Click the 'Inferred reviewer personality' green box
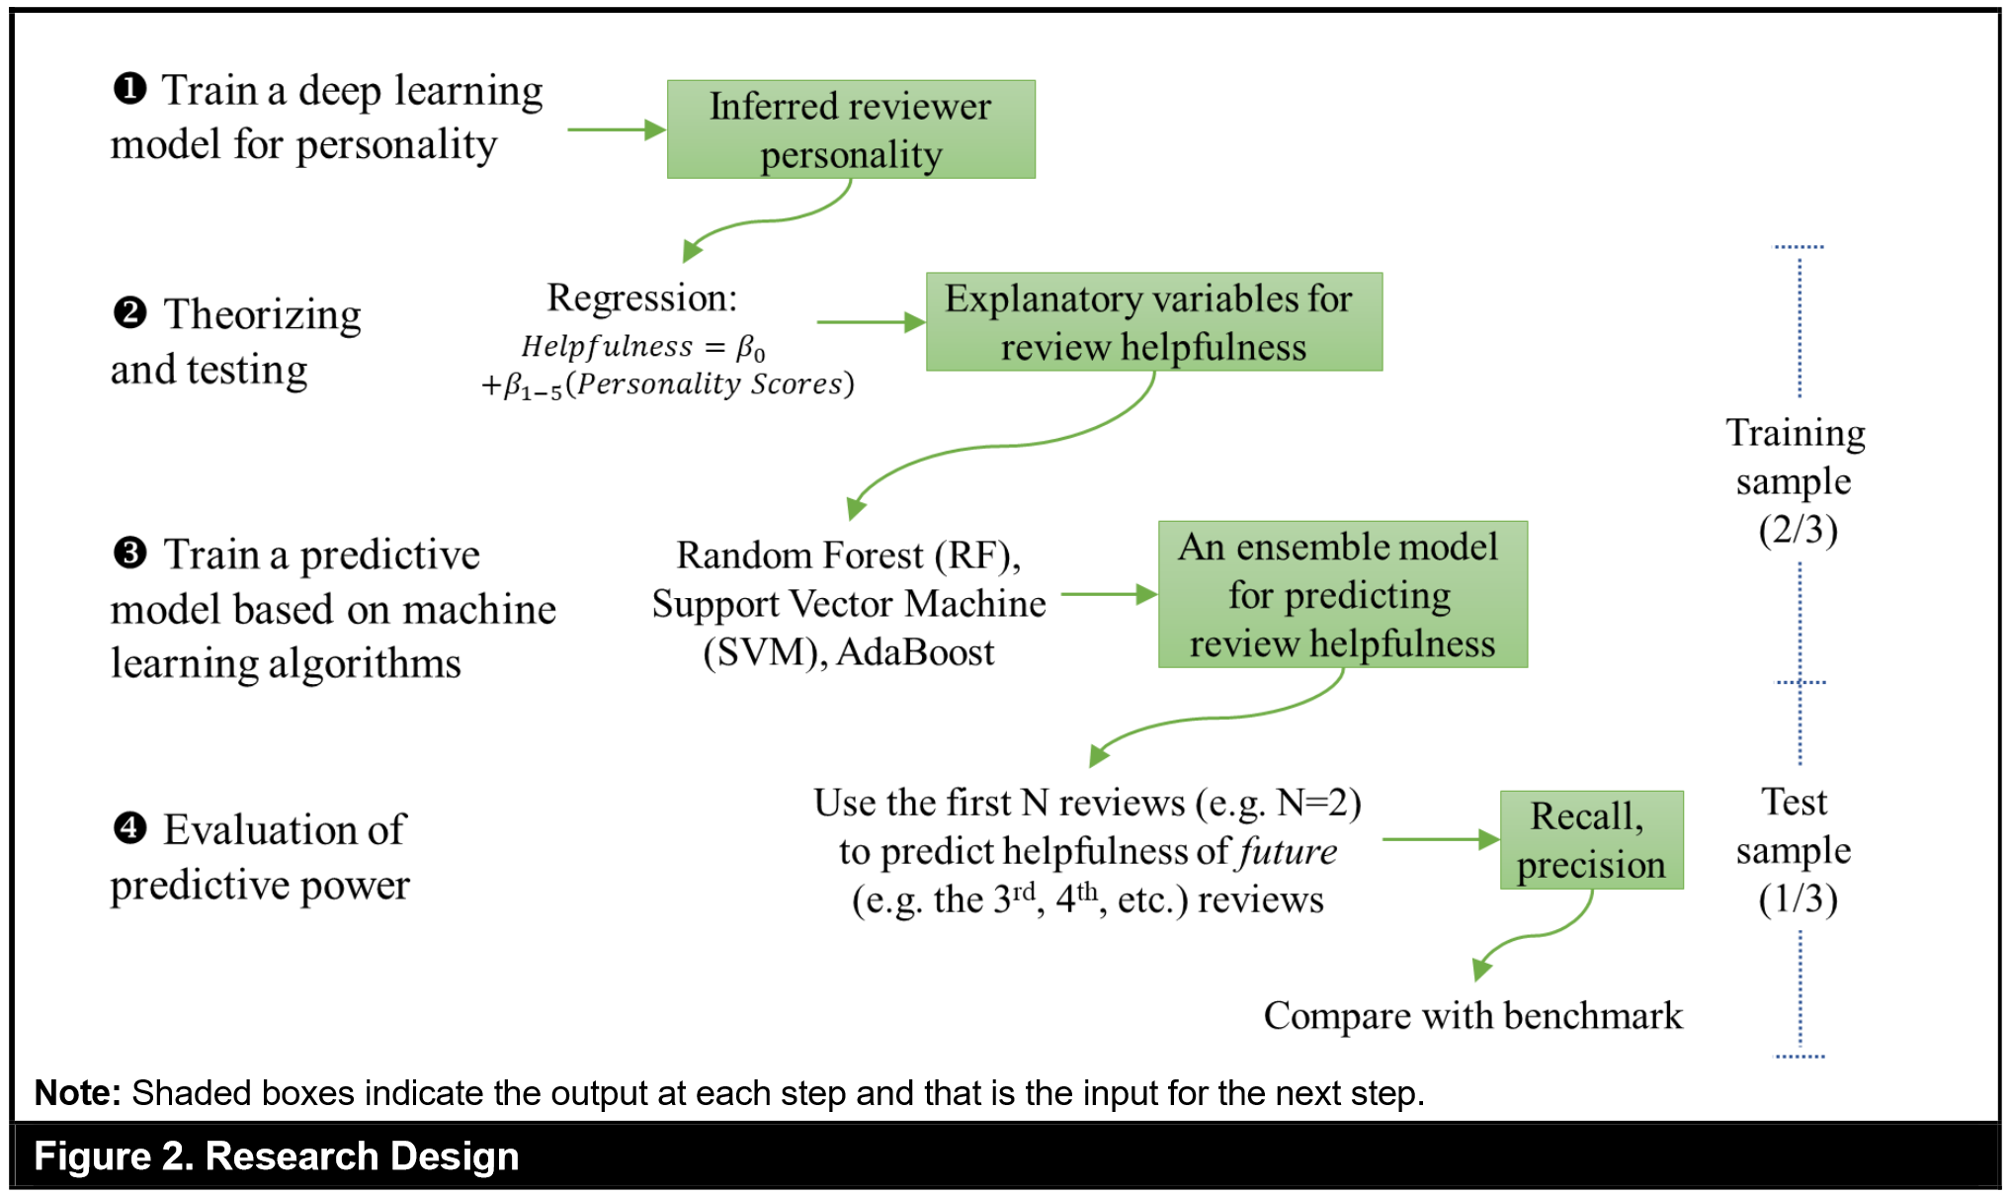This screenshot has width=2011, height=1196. coord(851,129)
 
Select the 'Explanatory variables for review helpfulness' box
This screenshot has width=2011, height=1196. coord(1153,322)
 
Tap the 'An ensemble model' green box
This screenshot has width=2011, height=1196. coord(1342,594)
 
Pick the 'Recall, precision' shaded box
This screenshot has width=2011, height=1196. coord(1591,840)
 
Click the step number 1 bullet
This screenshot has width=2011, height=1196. coord(130,89)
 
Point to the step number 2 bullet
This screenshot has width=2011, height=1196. coord(130,313)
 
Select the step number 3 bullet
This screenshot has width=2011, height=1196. coord(130,554)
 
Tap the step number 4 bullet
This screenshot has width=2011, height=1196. coord(130,828)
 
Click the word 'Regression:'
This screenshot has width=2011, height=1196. coord(642,298)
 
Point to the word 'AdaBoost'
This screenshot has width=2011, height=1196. coord(915,652)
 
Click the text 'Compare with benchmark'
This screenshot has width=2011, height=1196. coord(1472,1016)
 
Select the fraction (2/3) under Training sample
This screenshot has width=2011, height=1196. coord(1798,530)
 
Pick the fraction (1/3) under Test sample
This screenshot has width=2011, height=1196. coord(1798,898)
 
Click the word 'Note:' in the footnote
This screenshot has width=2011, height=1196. coord(77,1093)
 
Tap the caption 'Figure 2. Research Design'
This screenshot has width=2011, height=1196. coord(277,1156)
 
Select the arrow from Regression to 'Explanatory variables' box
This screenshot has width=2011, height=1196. coord(871,322)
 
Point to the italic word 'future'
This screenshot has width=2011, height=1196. coord(1289,852)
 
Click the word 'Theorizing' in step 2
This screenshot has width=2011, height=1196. coord(262,314)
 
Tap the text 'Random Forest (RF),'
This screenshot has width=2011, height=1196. coord(848,555)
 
